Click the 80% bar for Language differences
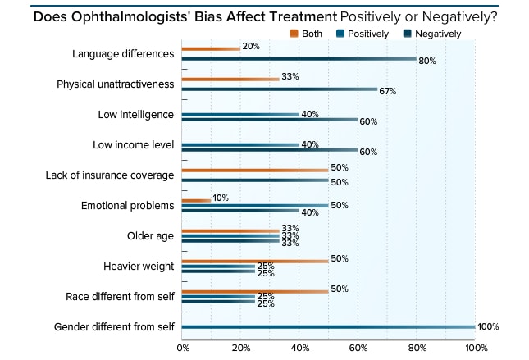pos(299,59)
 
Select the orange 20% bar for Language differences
pos(211,48)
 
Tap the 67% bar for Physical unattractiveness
pos(279,89)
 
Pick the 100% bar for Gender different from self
pos(328,326)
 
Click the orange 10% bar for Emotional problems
pos(196,200)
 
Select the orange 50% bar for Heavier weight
pos(254,260)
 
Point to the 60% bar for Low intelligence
pos(269,120)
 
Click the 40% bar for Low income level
pos(239,144)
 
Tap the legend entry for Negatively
pos(432,34)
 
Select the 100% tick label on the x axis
pos(475,348)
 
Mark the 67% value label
pos(387,90)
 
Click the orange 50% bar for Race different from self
pos(254,290)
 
